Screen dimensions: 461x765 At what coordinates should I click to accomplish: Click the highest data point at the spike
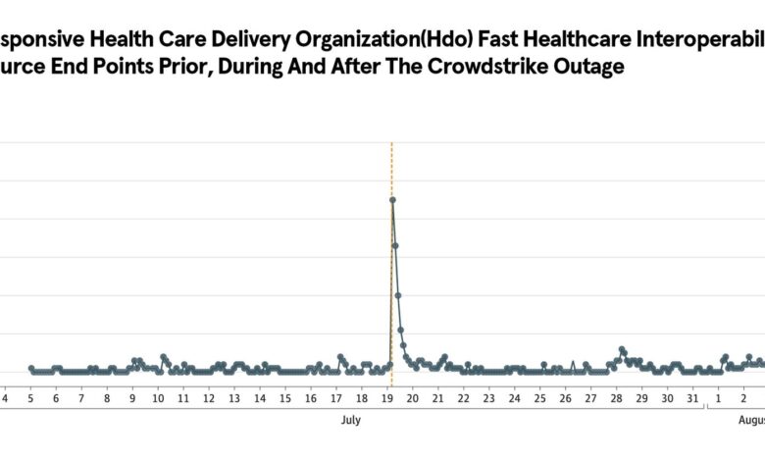392,200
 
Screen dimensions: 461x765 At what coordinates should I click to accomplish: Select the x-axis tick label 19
386,398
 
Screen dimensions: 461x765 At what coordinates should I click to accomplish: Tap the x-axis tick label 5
30,398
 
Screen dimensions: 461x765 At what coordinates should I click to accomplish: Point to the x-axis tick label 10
157,398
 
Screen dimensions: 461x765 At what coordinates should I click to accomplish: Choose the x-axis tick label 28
616,398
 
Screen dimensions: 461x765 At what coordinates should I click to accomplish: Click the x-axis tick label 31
692,398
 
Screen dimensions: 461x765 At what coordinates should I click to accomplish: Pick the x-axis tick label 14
259,398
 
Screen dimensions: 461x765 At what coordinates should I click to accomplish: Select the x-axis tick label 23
488,398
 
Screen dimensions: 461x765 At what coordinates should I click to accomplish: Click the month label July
350,420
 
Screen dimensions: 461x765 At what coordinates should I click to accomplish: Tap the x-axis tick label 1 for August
718,398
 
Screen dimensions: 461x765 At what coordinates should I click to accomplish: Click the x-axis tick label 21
437,398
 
